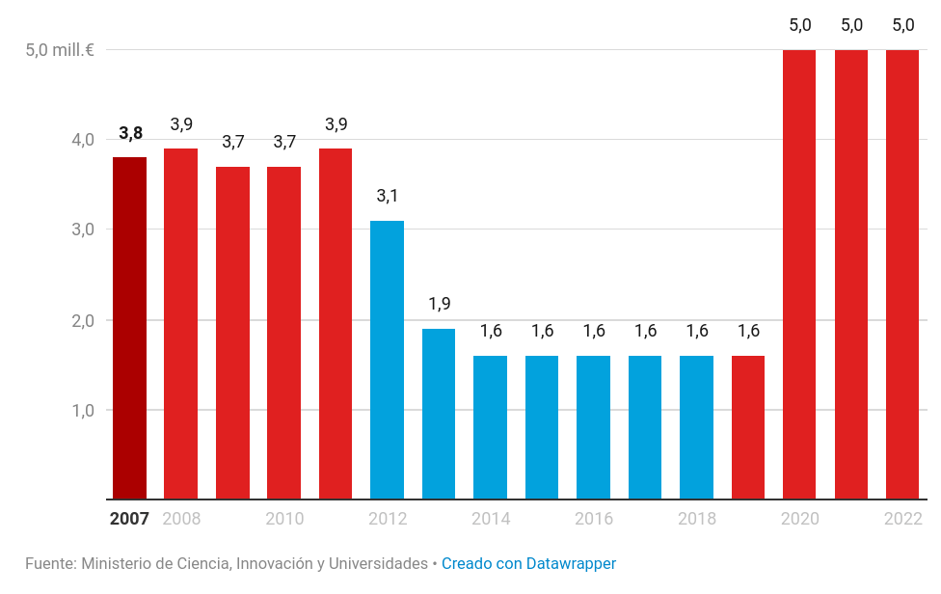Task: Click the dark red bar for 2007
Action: click(129, 328)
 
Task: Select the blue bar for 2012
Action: click(387, 360)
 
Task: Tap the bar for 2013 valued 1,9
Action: click(439, 414)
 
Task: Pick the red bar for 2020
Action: click(799, 275)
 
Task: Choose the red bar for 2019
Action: click(748, 427)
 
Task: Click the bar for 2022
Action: click(902, 275)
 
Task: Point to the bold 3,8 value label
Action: click(130, 134)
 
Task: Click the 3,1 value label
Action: click(387, 197)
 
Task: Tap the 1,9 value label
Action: click(439, 305)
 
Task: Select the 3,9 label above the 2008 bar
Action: click(181, 124)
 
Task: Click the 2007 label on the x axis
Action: click(129, 519)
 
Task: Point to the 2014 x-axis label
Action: click(491, 519)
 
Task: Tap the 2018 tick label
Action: click(697, 519)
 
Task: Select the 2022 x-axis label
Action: click(903, 519)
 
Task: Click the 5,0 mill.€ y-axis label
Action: click(60, 49)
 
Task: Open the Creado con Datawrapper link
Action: click(528, 563)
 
